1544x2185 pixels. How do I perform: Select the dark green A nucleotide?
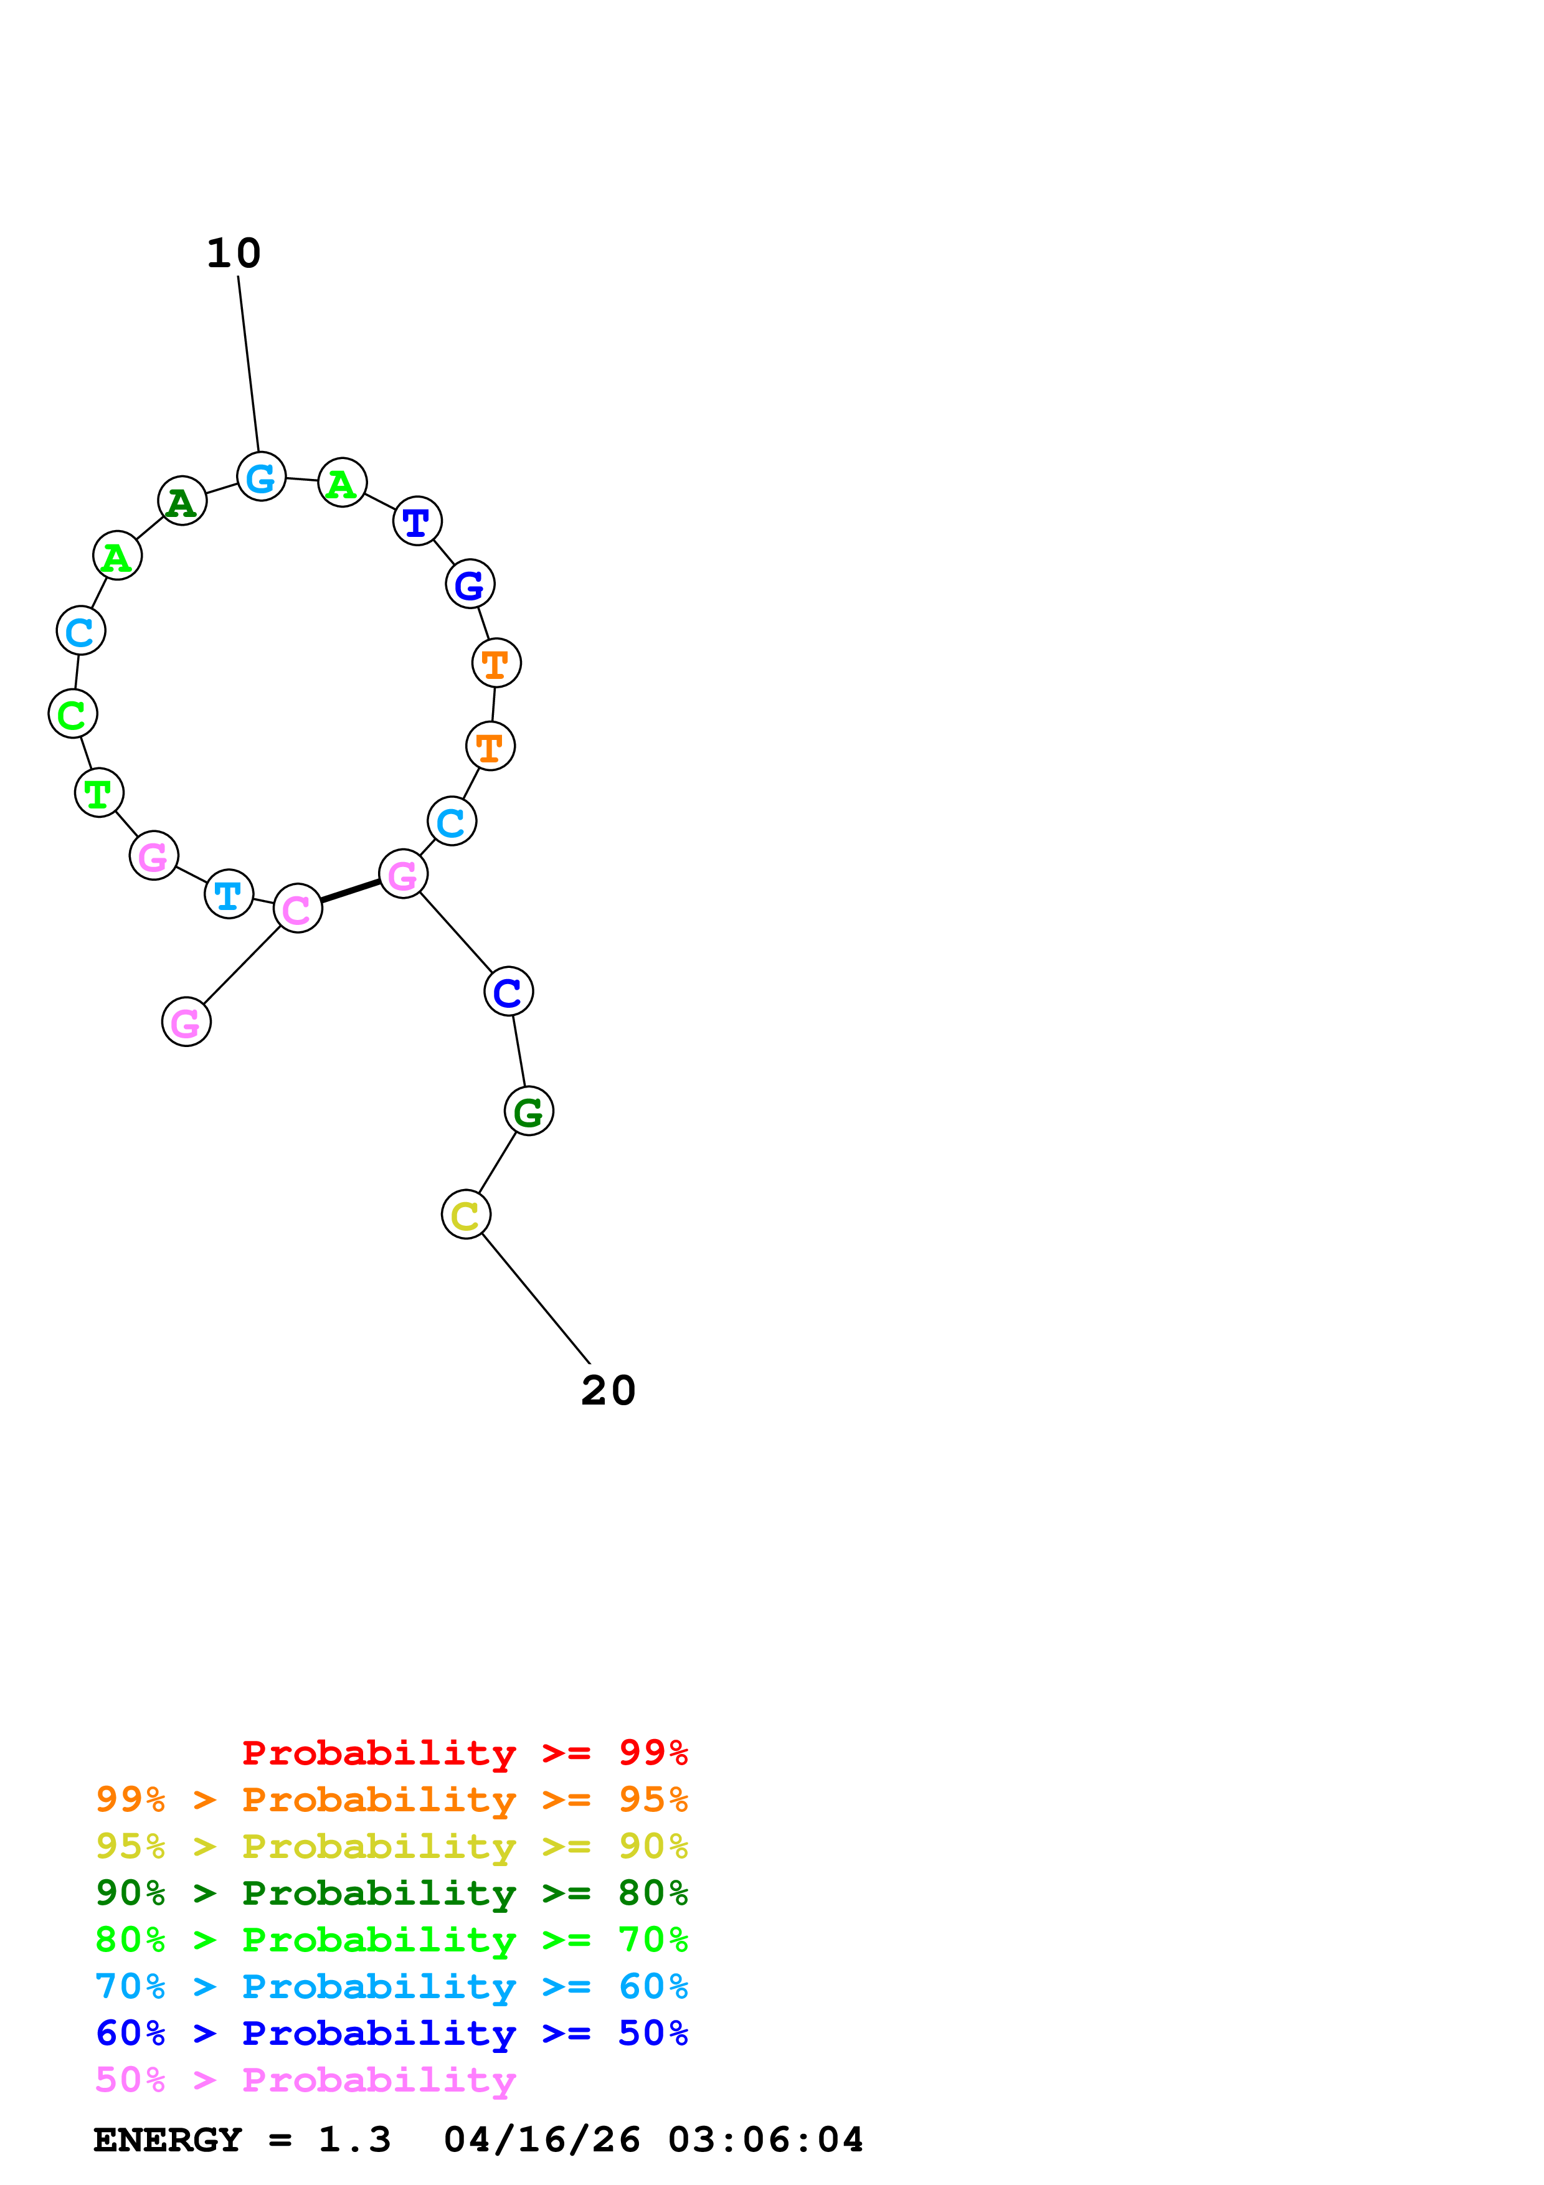coord(182,501)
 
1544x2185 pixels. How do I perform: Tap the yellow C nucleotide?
coord(465,1215)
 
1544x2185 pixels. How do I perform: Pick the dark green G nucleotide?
coord(528,1111)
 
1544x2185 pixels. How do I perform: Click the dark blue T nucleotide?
coord(417,521)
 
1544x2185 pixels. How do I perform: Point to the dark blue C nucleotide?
coord(508,992)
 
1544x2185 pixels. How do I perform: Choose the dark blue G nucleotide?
coord(470,584)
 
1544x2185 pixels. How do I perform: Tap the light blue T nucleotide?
coord(229,894)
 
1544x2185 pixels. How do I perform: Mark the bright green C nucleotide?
coord(72,714)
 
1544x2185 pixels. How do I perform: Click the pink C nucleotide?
coord(298,909)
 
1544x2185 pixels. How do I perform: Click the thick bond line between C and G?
coord(350,892)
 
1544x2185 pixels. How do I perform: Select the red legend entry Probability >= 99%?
coord(464,1752)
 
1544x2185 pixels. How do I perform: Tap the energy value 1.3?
coord(354,2140)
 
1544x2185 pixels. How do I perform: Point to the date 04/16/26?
coord(541,2140)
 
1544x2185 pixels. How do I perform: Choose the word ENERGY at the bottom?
coord(168,2140)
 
